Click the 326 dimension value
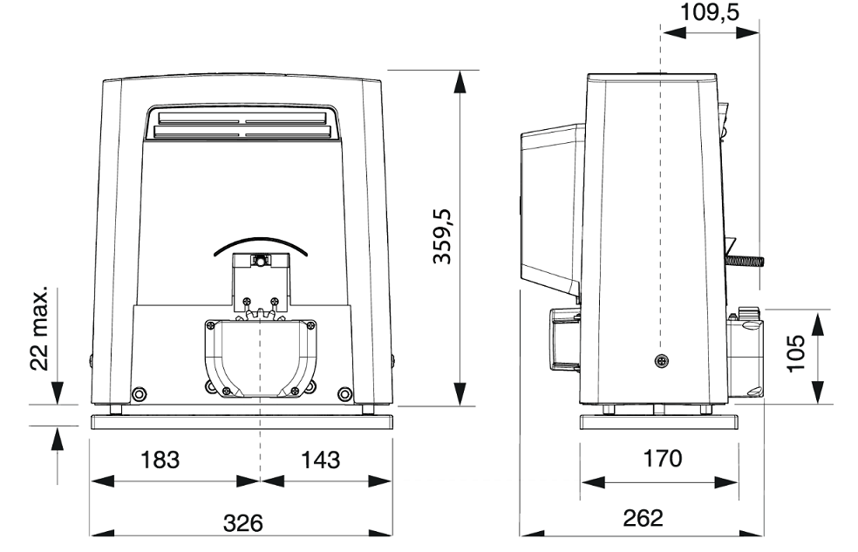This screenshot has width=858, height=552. tap(243, 523)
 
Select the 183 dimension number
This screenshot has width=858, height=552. tap(160, 460)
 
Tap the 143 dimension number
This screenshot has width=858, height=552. tap(321, 460)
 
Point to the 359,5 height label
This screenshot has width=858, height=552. tap(442, 236)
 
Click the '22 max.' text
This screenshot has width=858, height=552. tap(39, 327)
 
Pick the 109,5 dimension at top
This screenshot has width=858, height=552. tap(710, 11)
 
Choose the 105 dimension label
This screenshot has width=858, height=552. tap(796, 353)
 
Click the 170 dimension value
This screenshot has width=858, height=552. tap(662, 459)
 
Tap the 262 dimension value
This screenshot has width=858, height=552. tap(643, 517)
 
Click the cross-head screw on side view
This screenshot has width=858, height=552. tap(662, 360)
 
